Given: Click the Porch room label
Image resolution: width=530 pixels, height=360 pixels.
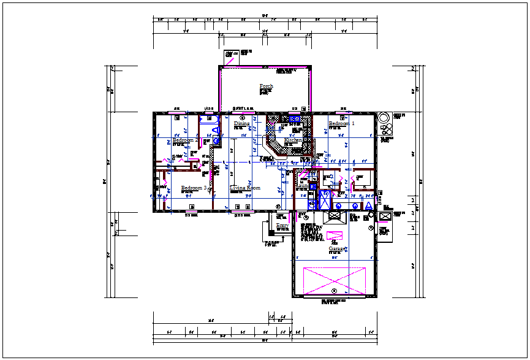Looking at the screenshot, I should [x=266, y=86].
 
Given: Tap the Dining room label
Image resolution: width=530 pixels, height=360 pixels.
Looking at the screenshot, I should [x=241, y=124].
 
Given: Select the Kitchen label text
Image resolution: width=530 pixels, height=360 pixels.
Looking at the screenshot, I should [x=293, y=140].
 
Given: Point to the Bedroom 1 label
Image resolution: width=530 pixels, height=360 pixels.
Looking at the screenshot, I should [x=342, y=124].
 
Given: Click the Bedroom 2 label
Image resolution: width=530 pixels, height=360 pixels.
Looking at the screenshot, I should [x=185, y=140].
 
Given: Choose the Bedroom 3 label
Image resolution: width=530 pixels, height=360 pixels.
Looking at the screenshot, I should [x=194, y=188].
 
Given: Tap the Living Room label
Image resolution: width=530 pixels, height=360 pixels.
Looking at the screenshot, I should [x=245, y=188].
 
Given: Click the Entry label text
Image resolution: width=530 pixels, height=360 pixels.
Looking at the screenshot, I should [x=282, y=226].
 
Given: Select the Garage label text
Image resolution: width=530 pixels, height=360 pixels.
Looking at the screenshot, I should [x=337, y=249].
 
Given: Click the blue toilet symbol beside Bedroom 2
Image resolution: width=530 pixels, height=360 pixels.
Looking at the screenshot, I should [x=215, y=140].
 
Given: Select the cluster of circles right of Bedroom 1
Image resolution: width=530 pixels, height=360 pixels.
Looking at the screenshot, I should [x=385, y=124].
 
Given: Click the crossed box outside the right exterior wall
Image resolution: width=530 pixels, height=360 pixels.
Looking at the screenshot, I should [x=385, y=216].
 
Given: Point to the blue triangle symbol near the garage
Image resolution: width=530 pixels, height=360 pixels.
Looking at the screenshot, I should [x=369, y=206].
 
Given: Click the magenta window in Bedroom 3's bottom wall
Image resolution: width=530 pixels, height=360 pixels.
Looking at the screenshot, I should [x=195, y=212].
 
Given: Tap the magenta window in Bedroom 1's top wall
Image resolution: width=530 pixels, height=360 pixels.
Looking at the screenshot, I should [x=346, y=113].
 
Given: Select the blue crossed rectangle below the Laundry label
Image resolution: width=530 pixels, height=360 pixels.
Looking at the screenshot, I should [x=324, y=200].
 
